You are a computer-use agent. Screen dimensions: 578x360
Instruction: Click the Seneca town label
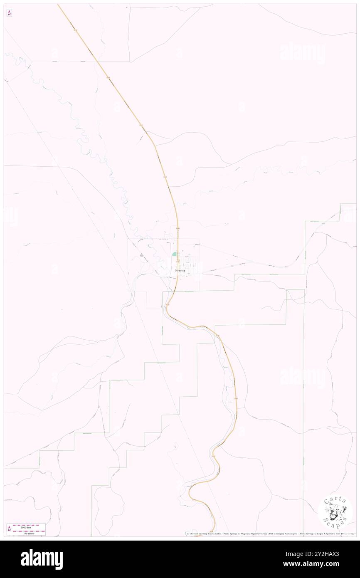click(x=180, y=270)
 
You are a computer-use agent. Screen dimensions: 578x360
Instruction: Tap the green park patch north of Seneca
click(x=174, y=253)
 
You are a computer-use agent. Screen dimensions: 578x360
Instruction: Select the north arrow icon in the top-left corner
click(x=9, y=13)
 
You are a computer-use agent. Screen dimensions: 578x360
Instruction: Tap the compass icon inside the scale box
click(x=9, y=529)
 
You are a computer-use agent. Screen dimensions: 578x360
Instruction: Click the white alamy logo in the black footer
click(x=42, y=559)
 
